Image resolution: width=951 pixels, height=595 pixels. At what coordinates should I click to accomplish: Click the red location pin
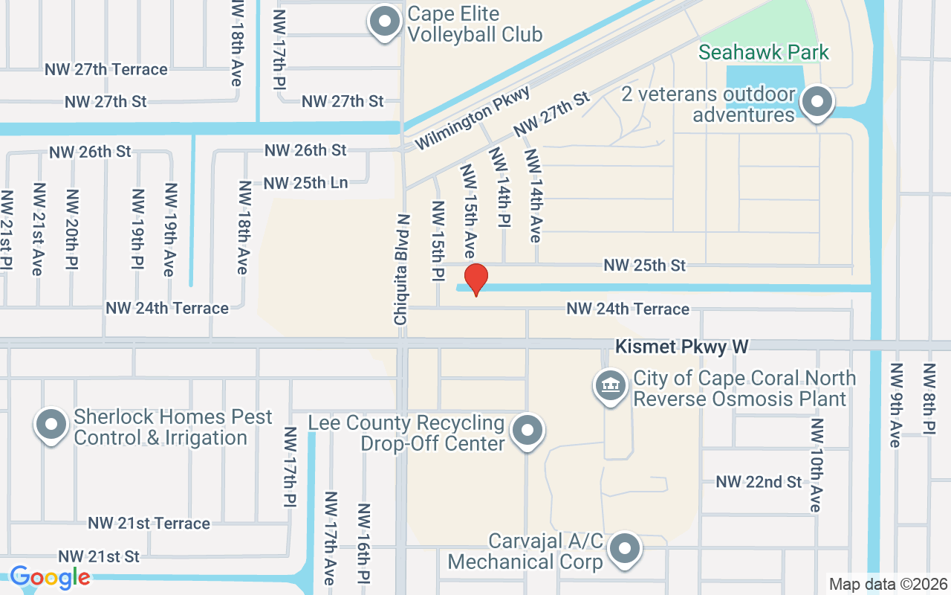coord(475,278)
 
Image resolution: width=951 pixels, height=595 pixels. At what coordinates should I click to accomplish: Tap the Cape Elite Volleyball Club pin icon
coord(385,22)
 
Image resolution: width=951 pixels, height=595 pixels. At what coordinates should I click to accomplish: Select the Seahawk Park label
coord(764,53)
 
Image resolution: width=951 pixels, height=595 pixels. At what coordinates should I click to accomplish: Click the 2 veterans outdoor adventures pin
coord(818,103)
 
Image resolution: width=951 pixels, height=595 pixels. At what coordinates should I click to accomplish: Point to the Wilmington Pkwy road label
coord(473,118)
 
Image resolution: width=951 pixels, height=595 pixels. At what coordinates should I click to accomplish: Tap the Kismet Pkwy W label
coord(681,347)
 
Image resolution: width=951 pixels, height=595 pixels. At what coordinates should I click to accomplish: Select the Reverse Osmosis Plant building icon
coord(611,386)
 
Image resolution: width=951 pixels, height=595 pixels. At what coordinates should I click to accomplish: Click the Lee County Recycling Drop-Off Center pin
coord(528,430)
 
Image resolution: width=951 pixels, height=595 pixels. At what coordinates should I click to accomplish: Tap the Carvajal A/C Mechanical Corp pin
coord(625,550)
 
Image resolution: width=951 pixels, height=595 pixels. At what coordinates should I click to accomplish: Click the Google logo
coord(50,577)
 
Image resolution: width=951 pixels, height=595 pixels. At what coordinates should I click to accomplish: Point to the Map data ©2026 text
coord(888,584)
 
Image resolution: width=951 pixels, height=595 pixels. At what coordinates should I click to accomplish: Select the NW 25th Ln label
coord(305,183)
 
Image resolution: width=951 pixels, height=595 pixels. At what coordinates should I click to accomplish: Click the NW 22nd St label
coord(759,482)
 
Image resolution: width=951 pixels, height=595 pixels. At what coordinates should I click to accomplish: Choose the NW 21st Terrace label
coord(149,524)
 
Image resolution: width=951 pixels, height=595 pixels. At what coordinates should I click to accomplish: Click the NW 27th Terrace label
coord(106,69)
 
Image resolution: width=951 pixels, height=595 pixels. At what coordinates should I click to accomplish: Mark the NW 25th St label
coord(644,265)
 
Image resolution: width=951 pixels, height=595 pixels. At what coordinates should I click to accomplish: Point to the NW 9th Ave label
coord(895,405)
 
